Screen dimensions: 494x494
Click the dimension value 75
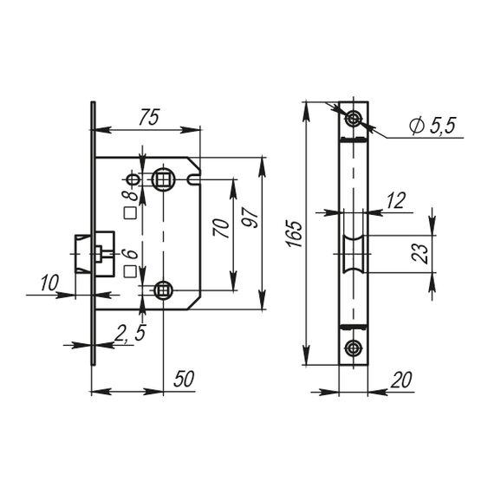click(149, 117)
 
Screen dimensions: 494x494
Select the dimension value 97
click(250, 217)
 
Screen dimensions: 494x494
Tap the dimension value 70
click(221, 228)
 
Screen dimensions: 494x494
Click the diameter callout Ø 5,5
click(432, 126)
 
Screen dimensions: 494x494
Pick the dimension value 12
click(395, 200)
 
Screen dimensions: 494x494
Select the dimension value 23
click(420, 254)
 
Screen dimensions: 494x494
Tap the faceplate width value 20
click(400, 380)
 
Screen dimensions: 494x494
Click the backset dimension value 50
click(184, 379)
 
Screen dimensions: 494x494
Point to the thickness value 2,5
click(130, 334)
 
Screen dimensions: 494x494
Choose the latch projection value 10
click(49, 283)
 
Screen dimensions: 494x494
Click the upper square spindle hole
click(163, 179)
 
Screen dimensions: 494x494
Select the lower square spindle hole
click(163, 289)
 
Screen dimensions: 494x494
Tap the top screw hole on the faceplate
click(354, 119)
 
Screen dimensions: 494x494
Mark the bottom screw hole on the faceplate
click(354, 348)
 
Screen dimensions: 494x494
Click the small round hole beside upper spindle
click(133, 180)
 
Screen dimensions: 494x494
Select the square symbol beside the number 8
click(130, 213)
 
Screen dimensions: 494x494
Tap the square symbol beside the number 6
click(130, 271)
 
